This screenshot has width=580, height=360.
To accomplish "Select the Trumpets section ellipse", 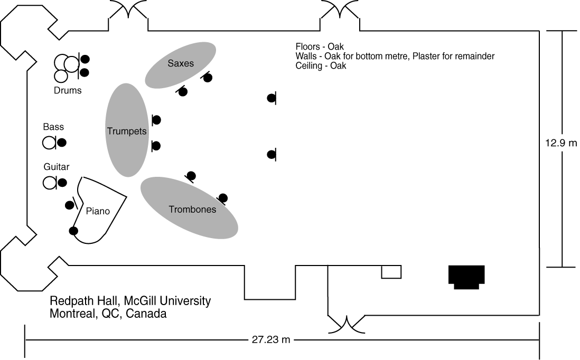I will click(x=127, y=130).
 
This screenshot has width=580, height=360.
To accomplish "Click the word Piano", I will click(x=98, y=211).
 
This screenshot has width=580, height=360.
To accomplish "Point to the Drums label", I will click(x=68, y=90).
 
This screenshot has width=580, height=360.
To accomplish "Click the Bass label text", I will click(x=53, y=127).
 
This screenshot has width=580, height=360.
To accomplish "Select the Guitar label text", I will click(x=57, y=167).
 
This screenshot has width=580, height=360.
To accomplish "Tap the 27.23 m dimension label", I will click(x=270, y=339).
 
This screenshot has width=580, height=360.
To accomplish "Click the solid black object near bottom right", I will click(x=466, y=277).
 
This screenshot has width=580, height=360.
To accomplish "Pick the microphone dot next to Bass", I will click(x=62, y=142).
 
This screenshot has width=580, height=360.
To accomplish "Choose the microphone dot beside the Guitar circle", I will click(x=62, y=183).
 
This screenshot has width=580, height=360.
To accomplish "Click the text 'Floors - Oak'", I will click(x=320, y=47).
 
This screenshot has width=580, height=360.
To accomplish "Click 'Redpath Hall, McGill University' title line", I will click(x=130, y=301).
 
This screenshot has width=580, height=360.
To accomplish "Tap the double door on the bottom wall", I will click(x=347, y=324).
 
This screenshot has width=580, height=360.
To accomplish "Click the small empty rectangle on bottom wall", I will click(x=391, y=271).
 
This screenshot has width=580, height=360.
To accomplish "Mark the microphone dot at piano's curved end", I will click(x=73, y=231).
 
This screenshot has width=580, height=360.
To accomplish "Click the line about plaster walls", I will click(x=395, y=56).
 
